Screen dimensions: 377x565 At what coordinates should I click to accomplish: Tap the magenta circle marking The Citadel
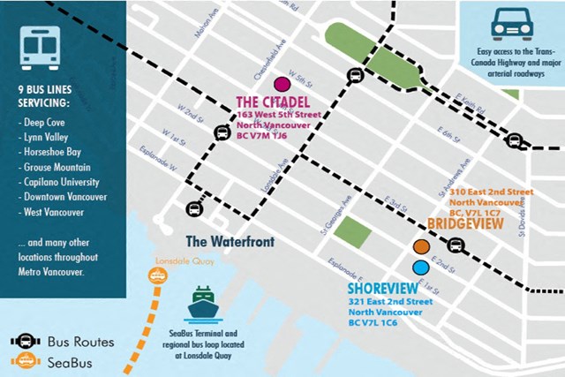[x=282, y=85]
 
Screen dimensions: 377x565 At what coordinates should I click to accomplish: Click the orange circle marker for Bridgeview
[x=422, y=247]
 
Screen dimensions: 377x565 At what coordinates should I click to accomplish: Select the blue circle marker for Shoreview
[x=421, y=267]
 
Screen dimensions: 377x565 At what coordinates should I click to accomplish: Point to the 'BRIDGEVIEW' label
[x=465, y=225]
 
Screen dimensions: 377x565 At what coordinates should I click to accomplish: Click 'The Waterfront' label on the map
[x=230, y=241]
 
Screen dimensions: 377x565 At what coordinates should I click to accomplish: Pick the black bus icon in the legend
[x=27, y=341]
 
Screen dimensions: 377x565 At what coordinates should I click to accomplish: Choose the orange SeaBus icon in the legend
[x=27, y=361]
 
